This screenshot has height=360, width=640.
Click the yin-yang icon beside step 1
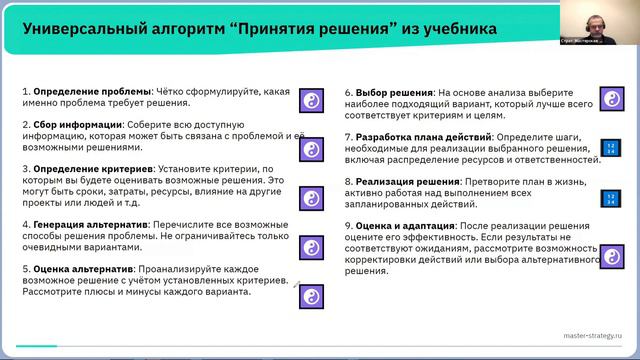[x=311, y=100]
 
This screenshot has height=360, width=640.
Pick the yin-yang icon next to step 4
[x=311, y=246]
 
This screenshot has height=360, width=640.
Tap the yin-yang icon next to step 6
[x=609, y=100]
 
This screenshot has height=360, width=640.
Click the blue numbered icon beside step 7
[x=609, y=151]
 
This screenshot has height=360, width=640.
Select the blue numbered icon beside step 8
[x=609, y=198]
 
